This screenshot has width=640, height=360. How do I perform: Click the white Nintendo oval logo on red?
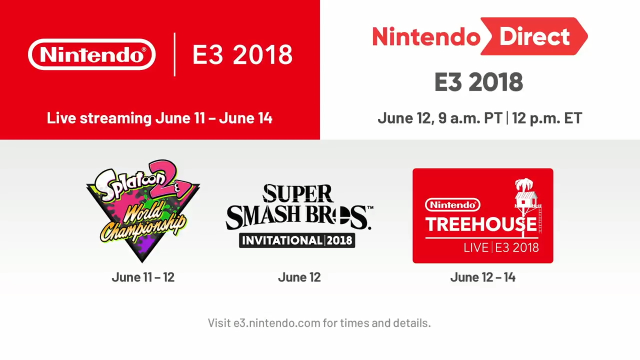92,54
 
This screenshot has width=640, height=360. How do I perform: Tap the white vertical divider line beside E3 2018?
174,54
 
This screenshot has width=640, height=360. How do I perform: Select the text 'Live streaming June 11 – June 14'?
159,118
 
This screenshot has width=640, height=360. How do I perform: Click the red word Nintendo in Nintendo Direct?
426,36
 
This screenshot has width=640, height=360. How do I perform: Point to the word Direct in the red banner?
534,36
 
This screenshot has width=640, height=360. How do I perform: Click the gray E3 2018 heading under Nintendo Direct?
478,82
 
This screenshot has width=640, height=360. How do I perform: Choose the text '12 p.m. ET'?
547,118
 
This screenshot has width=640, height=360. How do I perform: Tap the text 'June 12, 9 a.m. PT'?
440,118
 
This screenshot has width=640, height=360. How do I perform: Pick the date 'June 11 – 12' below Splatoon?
143,277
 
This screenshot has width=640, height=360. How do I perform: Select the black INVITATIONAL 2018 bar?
297,240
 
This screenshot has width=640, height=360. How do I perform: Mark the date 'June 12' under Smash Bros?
299,277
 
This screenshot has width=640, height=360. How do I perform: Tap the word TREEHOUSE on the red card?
481,224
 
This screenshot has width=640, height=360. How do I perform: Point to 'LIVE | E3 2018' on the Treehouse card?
501,247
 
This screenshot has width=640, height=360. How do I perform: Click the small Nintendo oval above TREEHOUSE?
452,204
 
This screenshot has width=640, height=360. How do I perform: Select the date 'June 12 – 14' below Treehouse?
482,277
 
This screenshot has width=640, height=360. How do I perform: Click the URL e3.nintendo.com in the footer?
277,323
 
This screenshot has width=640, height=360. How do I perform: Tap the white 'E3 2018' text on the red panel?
242,54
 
